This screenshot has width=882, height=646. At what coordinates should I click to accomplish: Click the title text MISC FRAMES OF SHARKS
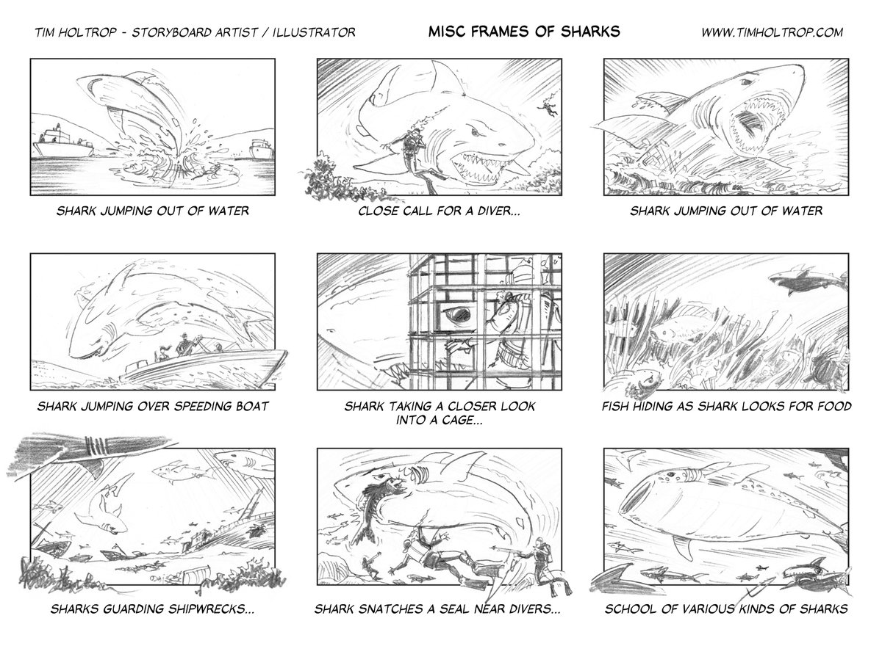[524, 32]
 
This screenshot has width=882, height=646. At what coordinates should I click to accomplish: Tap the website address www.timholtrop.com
[772, 32]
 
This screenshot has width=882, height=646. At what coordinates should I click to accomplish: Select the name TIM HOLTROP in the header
[76, 32]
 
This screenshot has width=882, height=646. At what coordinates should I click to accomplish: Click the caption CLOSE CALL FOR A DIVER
[439, 211]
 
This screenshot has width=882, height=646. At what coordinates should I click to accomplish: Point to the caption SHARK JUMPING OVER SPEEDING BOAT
[153, 406]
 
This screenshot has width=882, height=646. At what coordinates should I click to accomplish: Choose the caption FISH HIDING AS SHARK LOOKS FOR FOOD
[726, 406]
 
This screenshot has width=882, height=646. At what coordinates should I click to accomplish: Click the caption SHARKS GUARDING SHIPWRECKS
[152, 609]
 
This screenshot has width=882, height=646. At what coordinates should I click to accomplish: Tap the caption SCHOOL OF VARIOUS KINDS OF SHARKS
[726, 609]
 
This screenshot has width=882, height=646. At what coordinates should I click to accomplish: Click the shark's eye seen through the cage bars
[458, 313]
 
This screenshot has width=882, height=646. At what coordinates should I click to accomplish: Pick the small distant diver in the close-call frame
[548, 106]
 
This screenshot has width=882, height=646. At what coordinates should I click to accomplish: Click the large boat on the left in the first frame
[64, 142]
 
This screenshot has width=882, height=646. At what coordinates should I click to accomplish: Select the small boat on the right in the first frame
[261, 149]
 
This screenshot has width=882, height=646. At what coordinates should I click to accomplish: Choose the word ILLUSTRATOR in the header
[314, 32]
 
